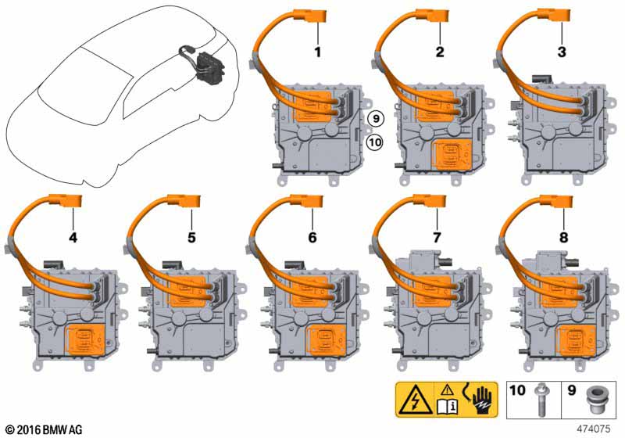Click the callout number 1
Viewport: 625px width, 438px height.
(x=318, y=52)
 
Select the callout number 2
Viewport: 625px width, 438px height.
(x=440, y=52)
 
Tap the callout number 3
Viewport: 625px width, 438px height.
(x=562, y=52)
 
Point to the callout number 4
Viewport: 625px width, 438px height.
(x=73, y=238)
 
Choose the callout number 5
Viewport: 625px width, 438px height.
(x=191, y=238)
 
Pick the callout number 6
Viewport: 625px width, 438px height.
(x=312, y=238)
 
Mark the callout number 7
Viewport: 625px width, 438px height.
(x=437, y=238)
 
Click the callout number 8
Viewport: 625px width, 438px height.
(x=563, y=238)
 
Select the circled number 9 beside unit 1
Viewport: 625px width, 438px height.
(x=376, y=118)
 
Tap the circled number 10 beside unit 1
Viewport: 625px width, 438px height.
(x=374, y=142)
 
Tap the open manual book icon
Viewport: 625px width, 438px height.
(x=448, y=406)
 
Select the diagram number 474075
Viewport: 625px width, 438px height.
(x=594, y=429)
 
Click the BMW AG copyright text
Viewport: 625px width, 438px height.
(x=45, y=429)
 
